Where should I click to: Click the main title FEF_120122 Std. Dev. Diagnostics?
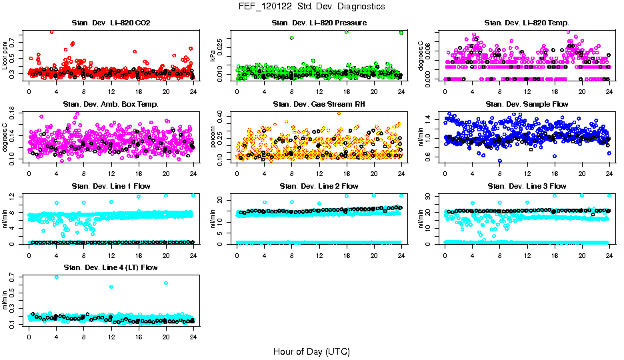coord(311,6)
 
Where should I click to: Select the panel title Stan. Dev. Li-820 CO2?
coord(111,23)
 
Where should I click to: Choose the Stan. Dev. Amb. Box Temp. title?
coord(111,105)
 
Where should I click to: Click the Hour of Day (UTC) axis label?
coord(311,351)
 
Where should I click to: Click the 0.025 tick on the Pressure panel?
coord(223,45)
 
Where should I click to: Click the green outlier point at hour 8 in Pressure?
coord(292,38)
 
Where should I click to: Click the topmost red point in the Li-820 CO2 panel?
coord(52,31)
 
